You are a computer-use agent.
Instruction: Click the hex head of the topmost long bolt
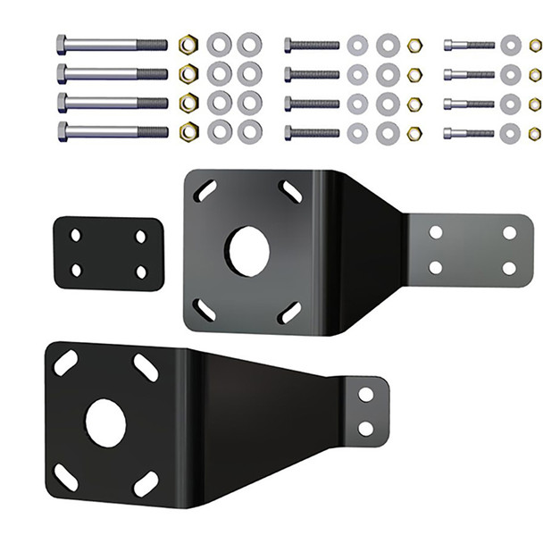coord(62,44)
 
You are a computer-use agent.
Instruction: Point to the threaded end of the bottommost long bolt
coord(153,131)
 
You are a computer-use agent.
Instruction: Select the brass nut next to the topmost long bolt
coord(188,44)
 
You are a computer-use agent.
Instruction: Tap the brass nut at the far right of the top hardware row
coord(534,45)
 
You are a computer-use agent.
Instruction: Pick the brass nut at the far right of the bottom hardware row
coord(534,133)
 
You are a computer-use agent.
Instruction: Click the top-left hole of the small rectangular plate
coord(76,236)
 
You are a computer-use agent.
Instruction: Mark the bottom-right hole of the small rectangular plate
coord(140,270)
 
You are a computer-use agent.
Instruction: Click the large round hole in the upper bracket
coord(247,251)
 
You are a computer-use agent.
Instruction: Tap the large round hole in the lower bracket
coord(105,422)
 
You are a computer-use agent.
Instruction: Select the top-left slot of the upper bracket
coord(205,190)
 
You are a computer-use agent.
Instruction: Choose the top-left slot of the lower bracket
coord(65,363)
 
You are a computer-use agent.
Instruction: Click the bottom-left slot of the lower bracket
coord(65,477)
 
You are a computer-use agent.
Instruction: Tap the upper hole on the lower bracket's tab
coord(365,394)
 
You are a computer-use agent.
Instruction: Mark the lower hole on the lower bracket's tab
coord(365,428)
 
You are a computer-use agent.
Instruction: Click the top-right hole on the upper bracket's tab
coord(509,233)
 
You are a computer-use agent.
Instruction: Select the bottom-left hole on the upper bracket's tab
coord(436,267)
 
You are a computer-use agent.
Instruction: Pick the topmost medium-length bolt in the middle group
coord(312,45)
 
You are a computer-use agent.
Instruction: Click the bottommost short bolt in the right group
coord(468,133)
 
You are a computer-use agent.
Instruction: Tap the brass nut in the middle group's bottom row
coord(414,133)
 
